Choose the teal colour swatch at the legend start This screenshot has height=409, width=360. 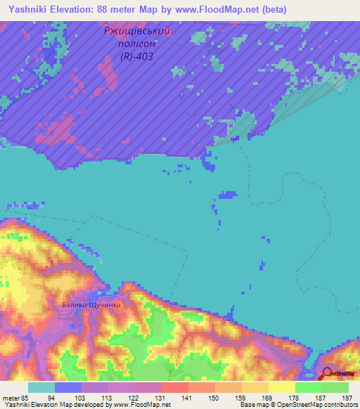(x=41, y=387)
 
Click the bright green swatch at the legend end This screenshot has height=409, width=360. (x=335, y=387)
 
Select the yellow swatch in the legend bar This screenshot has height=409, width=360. (x=281, y=387)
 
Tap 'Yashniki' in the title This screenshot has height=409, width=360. (x=29, y=9)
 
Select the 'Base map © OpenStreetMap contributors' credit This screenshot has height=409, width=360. (x=297, y=405)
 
